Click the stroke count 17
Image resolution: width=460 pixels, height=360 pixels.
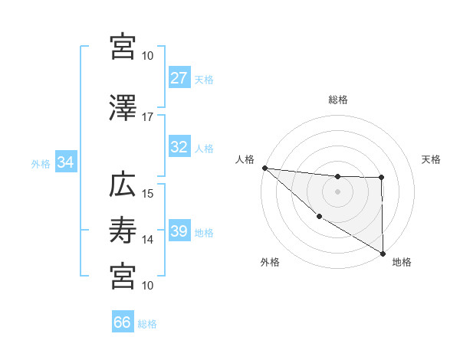(x=148, y=117)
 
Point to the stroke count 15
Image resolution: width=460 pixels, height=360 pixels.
(x=148, y=193)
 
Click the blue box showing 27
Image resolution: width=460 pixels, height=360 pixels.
(x=179, y=78)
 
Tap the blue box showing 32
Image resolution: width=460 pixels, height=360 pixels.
(x=179, y=148)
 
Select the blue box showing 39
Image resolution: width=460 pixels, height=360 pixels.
(x=179, y=232)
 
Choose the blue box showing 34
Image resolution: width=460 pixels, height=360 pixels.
(x=65, y=162)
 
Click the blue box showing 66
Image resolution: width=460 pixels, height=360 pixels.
(x=123, y=322)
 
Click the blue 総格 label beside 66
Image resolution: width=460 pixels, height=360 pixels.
(x=147, y=323)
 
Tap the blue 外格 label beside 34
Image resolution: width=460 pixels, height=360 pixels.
(x=41, y=163)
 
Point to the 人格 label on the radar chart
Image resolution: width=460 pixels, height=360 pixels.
(x=245, y=159)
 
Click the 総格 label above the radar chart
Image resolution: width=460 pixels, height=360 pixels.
(x=338, y=100)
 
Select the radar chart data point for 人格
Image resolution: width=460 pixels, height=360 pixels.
(x=264, y=168)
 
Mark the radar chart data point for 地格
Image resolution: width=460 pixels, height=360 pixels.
(x=383, y=252)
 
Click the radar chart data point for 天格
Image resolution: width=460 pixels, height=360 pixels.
(x=382, y=178)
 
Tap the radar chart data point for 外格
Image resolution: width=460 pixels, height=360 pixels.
(x=320, y=216)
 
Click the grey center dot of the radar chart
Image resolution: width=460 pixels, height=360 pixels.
(x=338, y=191)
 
